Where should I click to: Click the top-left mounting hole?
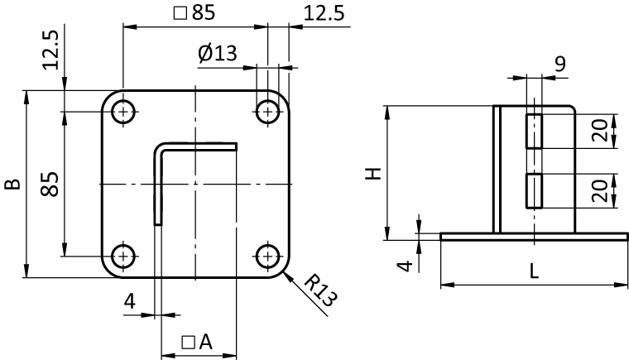click(x=123, y=112)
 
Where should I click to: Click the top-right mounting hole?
click(x=267, y=112)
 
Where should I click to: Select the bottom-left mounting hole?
click(x=123, y=256)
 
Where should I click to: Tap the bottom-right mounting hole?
click(x=267, y=256)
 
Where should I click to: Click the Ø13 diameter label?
click(x=218, y=53)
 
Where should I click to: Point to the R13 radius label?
click(x=320, y=290)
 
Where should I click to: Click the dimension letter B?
click(x=13, y=185)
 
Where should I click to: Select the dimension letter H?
click(x=373, y=174)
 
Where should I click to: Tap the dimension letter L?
click(x=534, y=271)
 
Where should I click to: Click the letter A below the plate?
click(x=205, y=342)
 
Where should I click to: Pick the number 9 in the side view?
click(x=560, y=64)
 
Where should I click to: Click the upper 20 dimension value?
click(x=600, y=131)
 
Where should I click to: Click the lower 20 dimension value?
click(x=600, y=190)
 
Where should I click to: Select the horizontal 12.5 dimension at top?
click(x=324, y=13)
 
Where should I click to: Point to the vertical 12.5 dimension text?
click(x=50, y=50)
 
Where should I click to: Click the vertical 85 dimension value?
click(x=50, y=185)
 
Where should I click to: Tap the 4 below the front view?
click(x=130, y=301)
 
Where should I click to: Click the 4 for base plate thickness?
click(x=406, y=266)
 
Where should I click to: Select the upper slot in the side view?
click(x=534, y=131)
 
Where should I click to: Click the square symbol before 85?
click(x=180, y=13)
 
